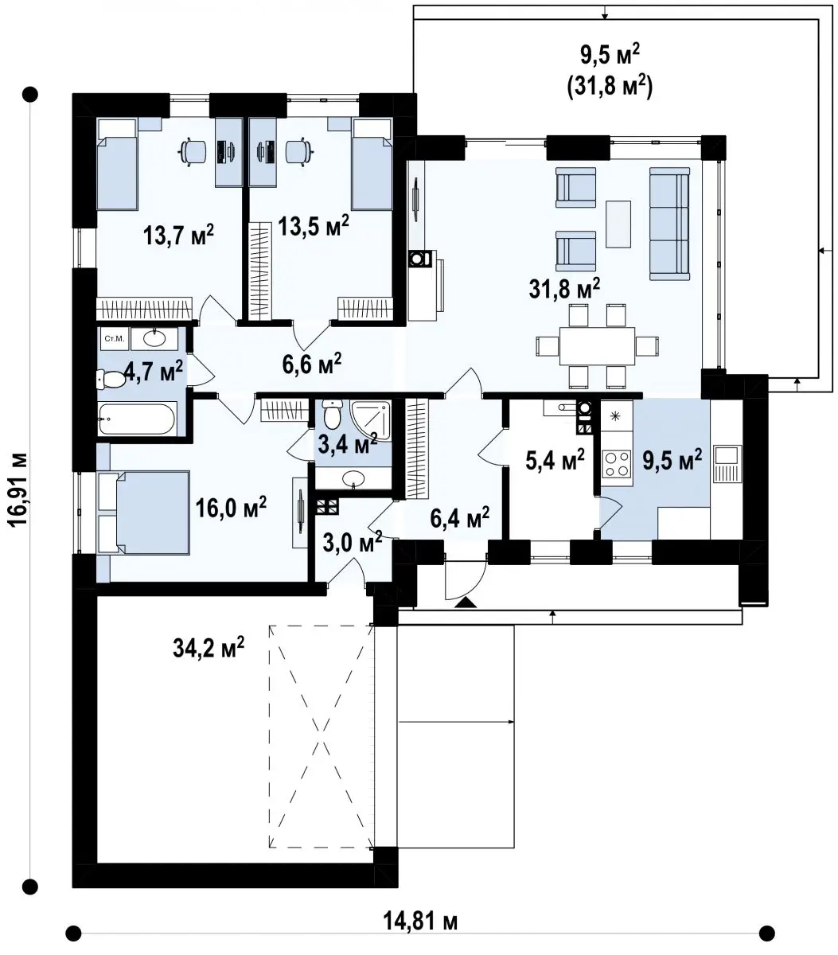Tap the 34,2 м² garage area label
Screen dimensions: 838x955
tap(209, 647)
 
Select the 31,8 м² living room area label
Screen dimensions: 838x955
tap(564, 288)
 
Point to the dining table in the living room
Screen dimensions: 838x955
tap(598, 346)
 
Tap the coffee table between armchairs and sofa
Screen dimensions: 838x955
tap(618, 224)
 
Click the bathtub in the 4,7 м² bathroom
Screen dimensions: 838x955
tap(137, 418)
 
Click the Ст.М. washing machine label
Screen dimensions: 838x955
tap(114, 338)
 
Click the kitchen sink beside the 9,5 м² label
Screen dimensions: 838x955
tap(727, 464)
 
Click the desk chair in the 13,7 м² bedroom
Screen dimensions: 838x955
tap(193, 151)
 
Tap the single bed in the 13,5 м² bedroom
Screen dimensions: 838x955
tap(372, 164)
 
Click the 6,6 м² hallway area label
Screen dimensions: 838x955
tap(311, 364)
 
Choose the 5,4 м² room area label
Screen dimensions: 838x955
tap(555, 458)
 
